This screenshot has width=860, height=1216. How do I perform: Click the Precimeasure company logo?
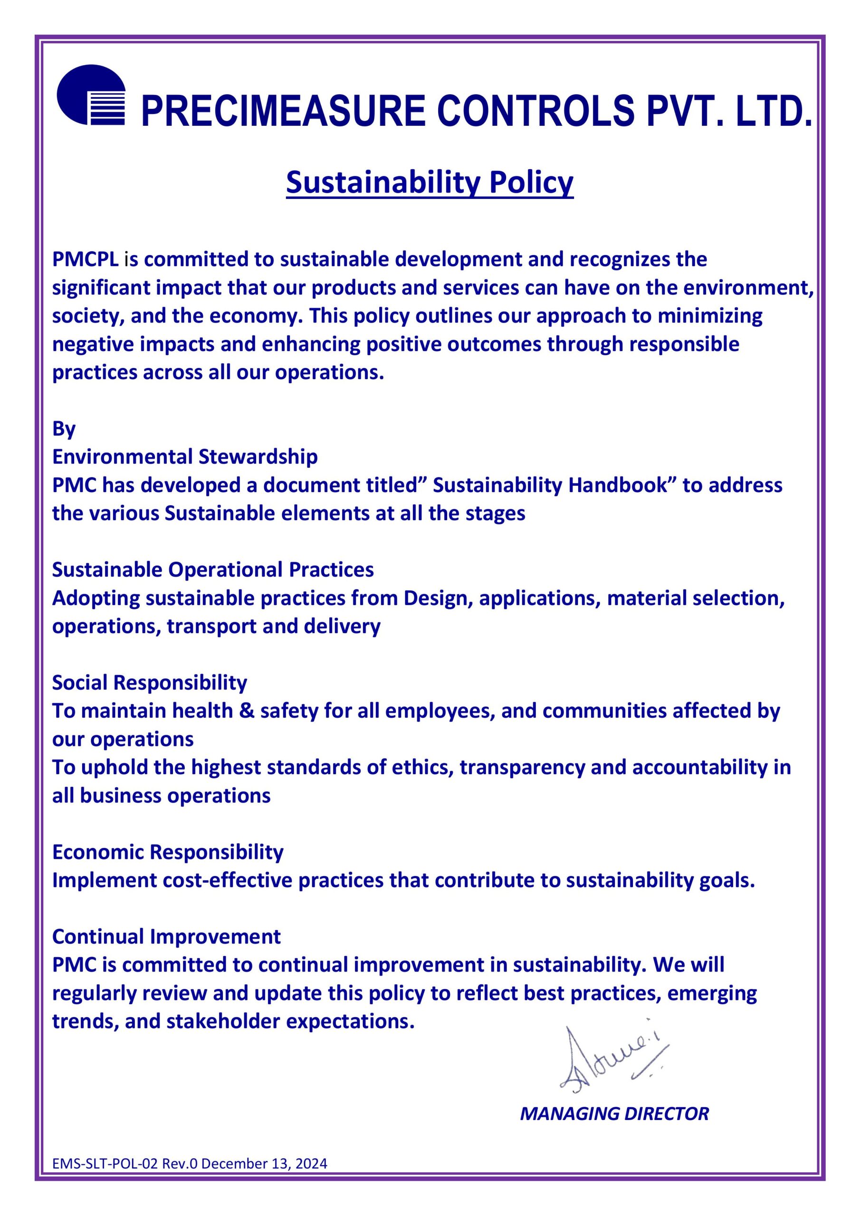[x=91, y=95]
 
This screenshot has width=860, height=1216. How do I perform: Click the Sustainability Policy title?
[x=430, y=183]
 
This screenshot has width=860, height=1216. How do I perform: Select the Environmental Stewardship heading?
[x=185, y=456]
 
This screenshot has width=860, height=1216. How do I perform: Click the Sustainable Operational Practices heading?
[x=213, y=570]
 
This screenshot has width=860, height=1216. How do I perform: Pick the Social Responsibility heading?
[x=149, y=683]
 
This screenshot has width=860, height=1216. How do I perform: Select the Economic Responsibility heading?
[x=167, y=852]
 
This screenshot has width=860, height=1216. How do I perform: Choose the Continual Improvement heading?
[x=166, y=937]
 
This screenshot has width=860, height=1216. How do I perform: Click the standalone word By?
[x=64, y=428]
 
